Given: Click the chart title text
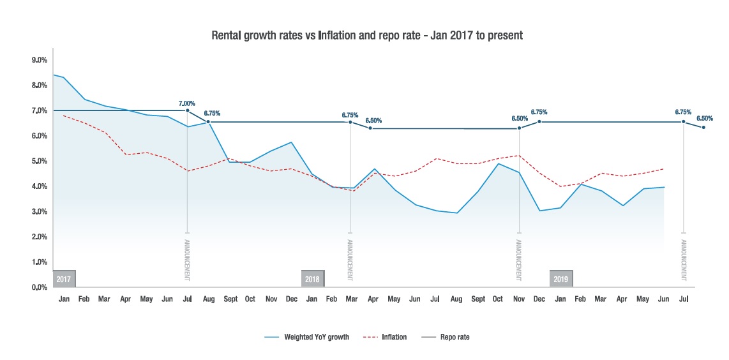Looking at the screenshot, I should [367, 36].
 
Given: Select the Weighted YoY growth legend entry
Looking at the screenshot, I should [316, 337].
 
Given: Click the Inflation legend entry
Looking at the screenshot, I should [393, 337].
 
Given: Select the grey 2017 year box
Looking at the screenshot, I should [64, 279].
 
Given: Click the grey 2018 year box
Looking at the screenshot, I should [312, 279].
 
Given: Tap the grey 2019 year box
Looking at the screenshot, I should [561, 279].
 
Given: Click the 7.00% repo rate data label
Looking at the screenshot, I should [187, 103].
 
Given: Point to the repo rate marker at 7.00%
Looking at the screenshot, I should [187, 110].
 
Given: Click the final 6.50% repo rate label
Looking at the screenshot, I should [705, 118].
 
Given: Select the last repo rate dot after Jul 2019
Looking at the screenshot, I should [703, 127].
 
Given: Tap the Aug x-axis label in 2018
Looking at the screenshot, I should [456, 299].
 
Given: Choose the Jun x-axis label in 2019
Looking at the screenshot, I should [664, 299].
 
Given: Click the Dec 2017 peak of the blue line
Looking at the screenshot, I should [292, 142].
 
